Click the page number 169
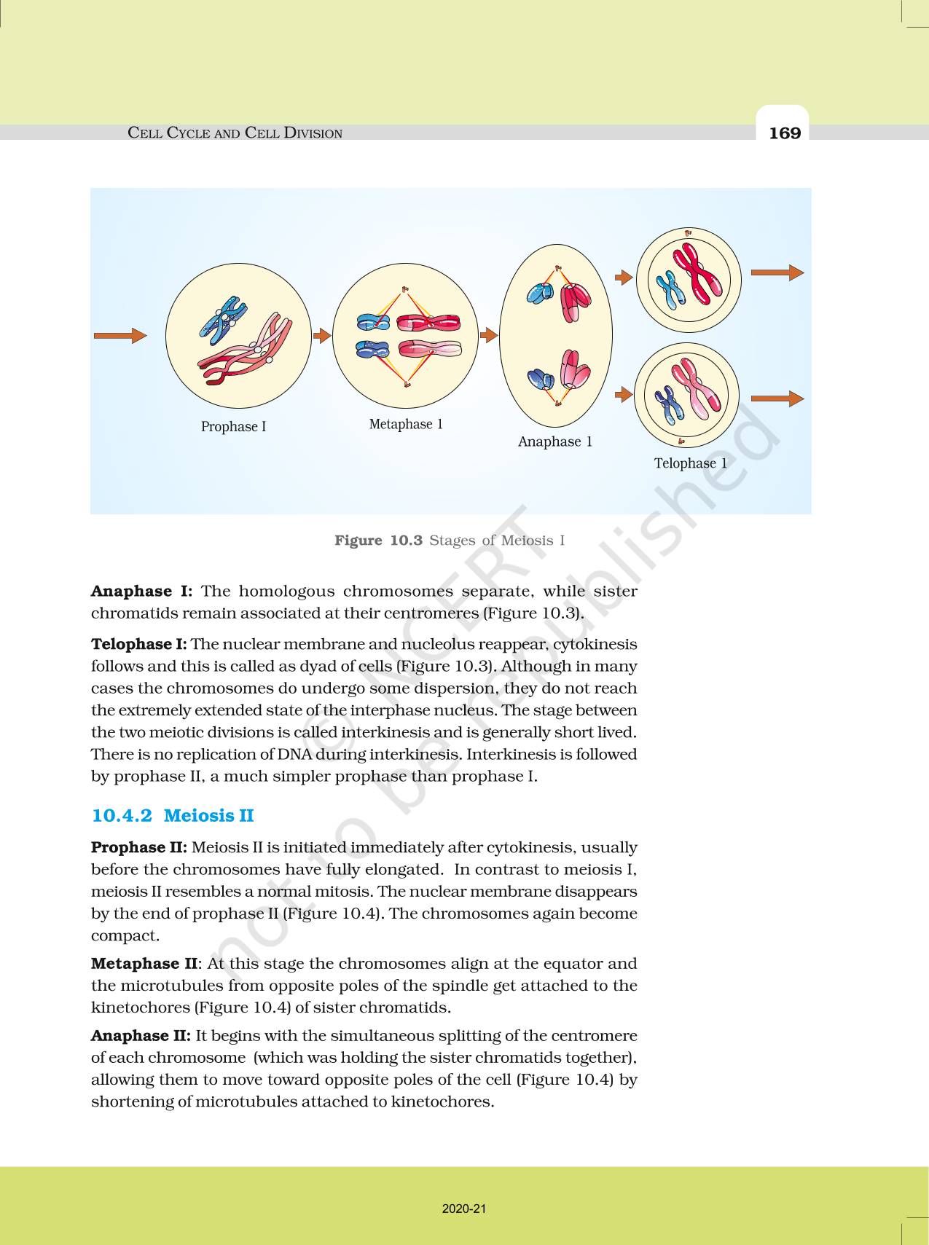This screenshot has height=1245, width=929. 784,133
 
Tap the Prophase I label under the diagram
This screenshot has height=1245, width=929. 233,427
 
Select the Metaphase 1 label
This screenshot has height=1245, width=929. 406,424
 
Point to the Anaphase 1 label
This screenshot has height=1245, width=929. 554,441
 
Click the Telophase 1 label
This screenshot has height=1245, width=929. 690,463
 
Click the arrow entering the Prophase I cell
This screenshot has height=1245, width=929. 119,335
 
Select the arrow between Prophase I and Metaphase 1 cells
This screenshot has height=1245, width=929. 321,335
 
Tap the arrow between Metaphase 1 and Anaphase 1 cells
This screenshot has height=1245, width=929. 488,335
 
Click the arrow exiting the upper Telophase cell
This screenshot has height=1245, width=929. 777,272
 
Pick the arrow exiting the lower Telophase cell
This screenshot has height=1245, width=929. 777,398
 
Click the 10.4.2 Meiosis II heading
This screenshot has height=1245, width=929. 173,815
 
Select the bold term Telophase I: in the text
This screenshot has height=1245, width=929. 138,644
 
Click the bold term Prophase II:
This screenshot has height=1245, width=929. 139,847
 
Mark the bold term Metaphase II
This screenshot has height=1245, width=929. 144,964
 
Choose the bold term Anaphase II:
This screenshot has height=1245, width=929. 141,1036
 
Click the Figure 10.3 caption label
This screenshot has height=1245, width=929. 378,541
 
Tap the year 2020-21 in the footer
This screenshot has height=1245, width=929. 463,1209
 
